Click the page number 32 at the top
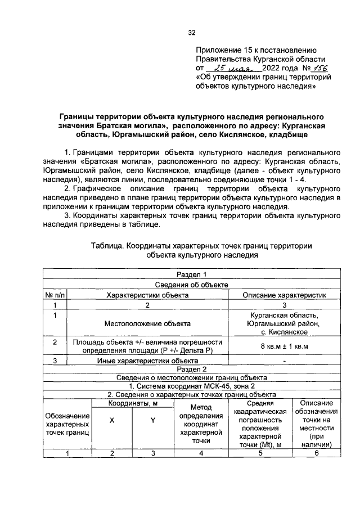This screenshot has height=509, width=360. [191, 32]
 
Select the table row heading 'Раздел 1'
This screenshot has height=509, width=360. [192, 274]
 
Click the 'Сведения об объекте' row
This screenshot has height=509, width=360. [192, 285]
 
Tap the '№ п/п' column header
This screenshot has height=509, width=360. [55, 295]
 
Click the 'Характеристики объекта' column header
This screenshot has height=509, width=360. [147, 295]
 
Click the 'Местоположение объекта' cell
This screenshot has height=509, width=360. [147, 323]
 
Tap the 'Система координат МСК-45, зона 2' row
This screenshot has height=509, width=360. [192, 386]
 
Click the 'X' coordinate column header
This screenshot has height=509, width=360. [111, 426]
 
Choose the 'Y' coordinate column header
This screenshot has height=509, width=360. [152, 426]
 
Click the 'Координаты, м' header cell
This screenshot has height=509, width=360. [132, 404]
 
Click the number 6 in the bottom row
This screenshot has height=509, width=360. [316, 455]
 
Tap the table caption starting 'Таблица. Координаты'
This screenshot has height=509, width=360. [201, 250]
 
